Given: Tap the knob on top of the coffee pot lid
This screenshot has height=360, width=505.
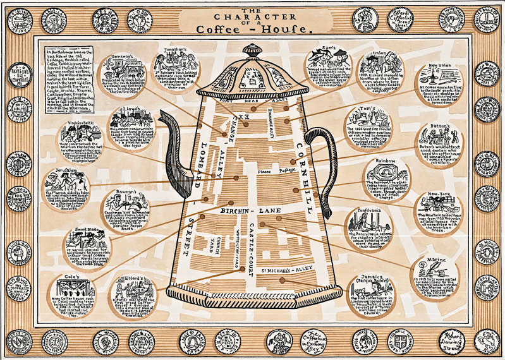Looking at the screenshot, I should coord(252,49).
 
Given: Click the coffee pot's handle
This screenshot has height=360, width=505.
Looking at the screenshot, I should coord(322,164).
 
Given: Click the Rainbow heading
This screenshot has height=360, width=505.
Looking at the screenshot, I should coord(386,161).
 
